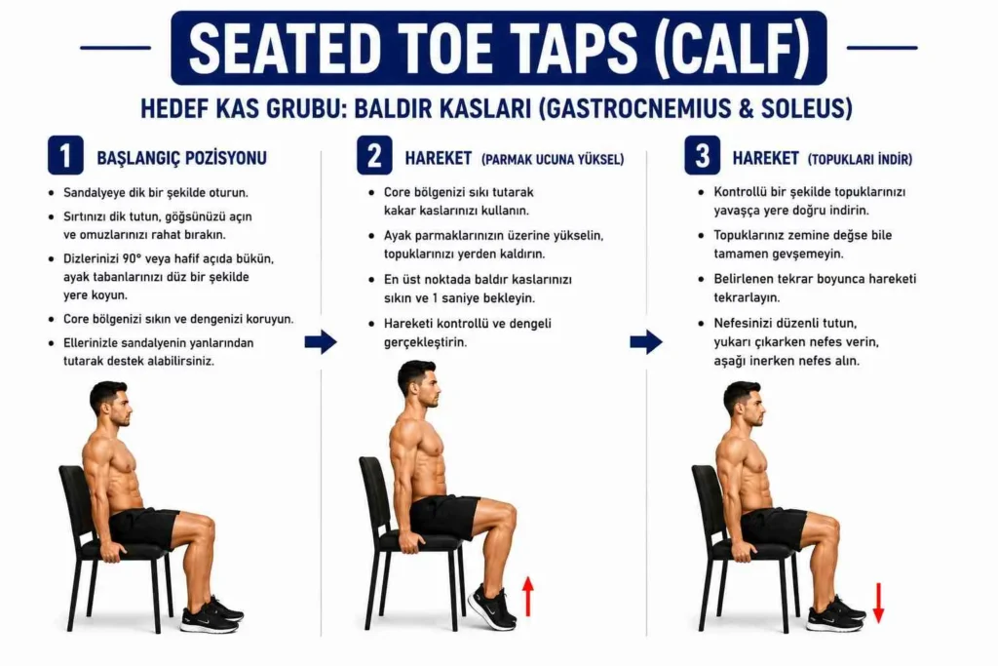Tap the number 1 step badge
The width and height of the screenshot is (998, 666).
coord(65,155)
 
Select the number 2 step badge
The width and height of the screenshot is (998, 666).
coord(374,155)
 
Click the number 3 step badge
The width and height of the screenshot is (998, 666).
coord(702,155)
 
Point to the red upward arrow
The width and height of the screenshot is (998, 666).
coord(527,596)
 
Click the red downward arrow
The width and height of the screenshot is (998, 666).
coord(878,603)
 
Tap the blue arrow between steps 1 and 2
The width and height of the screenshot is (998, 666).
coord(321,342)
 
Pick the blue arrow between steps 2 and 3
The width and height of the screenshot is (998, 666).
coord(646,342)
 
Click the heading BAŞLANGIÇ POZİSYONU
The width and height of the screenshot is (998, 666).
coord(181,158)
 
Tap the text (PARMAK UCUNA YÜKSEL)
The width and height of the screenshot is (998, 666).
coord(553,159)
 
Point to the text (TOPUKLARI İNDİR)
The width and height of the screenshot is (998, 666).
coord(860,159)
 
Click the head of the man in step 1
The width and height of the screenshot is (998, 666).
coord(111,404)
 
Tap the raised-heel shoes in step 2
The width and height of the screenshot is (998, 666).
coord(492,607)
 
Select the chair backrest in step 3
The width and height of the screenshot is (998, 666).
coord(708,503)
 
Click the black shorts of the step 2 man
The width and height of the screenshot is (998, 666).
coord(444,516)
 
